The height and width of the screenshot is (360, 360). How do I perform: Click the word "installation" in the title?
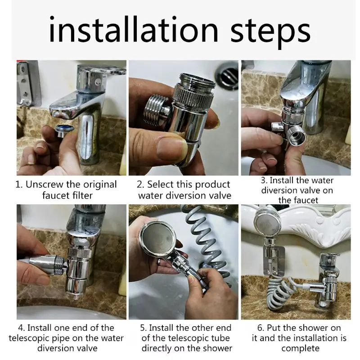(133, 30)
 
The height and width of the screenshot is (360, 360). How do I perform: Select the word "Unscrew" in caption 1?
(45, 184)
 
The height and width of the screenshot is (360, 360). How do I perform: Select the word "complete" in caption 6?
(300, 348)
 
